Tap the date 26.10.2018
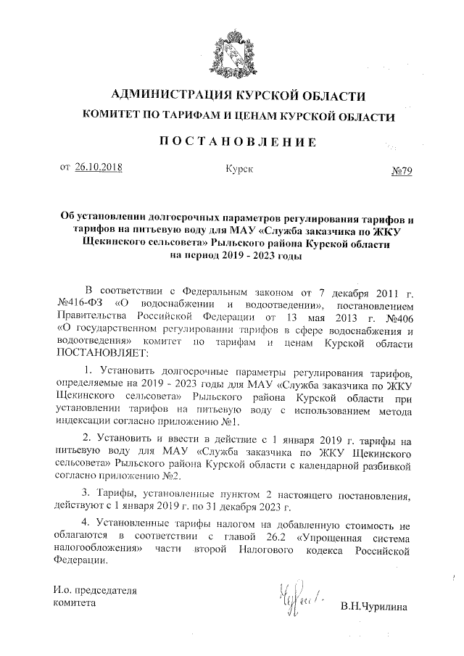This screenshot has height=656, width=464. click(x=99, y=167)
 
